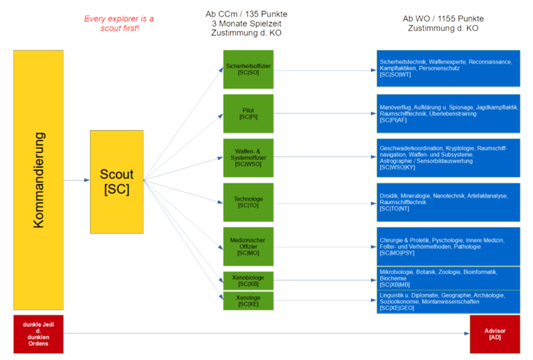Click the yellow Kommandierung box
click(39, 180)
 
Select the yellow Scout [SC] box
click(117, 181)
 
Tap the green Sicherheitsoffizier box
click(248, 69)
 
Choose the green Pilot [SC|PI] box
click(248, 113)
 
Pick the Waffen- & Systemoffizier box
click(248, 157)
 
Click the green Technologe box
click(248, 201)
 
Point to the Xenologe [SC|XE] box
click(248, 301)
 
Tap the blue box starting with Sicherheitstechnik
click(447, 69)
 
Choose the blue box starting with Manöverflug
click(447, 113)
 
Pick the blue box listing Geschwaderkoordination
click(447, 157)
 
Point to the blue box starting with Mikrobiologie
click(447, 278)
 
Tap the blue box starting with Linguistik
click(447, 301)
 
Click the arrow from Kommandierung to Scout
click(77, 180)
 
